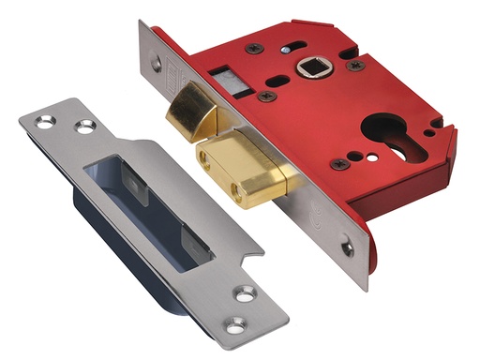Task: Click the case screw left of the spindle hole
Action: pos(254,48)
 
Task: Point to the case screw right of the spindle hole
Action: pos(355,66)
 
